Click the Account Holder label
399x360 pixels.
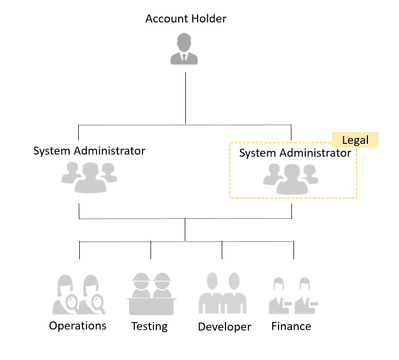tap(186, 19)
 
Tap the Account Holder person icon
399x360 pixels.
tap(184, 49)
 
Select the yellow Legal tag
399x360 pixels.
tap(355, 140)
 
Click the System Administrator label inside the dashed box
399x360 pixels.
tap(295, 153)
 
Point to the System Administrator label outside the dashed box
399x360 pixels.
tap(89, 151)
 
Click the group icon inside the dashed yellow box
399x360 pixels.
tap(291, 179)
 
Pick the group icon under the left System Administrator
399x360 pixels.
tap(89, 178)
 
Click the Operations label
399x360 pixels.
tap(78, 326)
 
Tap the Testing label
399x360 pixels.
tap(149, 326)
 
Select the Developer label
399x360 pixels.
tap(224, 327)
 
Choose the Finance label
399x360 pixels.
tap(291, 326)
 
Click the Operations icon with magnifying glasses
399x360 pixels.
tap(79, 294)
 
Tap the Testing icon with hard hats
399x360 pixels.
tap(152, 294)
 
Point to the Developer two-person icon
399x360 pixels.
tap(223, 293)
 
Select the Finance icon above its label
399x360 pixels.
tap(293, 296)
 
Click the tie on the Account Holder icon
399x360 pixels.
tap(184, 57)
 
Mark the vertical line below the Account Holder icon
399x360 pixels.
tap(185, 98)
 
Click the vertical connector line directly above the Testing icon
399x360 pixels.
tap(150, 250)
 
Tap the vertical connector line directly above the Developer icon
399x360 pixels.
tap(222, 250)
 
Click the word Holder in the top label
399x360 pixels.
tap(209, 19)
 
